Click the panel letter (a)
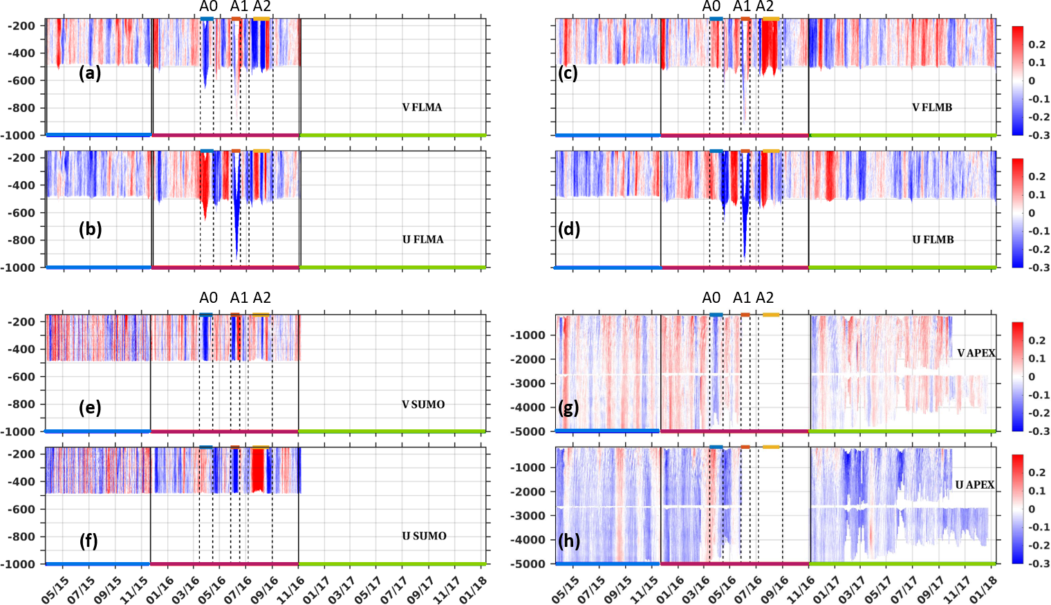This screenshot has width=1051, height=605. (x=90, y=73)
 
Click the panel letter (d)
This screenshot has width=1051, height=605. (x=569, y=230)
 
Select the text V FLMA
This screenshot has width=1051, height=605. (x=422, y=107)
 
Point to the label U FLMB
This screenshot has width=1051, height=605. (x=933, y=239)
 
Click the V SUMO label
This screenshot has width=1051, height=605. (x=423, y=404)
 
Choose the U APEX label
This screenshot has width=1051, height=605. (x=975, y=485)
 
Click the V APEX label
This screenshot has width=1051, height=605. (x=976, y=353)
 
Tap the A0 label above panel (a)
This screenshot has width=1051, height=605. (x=208, y=7)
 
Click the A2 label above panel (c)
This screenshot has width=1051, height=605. (x=765, y=7)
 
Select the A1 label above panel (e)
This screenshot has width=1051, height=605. (x=239, y=298)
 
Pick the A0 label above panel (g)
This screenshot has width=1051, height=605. (x=711, y=298)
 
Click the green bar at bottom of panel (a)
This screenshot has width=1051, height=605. (x=393, y=135)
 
